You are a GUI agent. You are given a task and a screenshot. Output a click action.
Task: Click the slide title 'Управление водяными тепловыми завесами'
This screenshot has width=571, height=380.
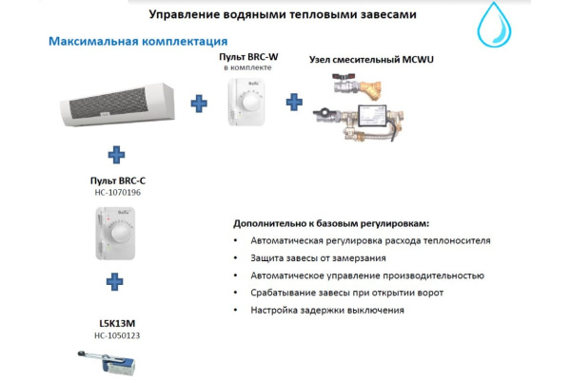tap(283, 16)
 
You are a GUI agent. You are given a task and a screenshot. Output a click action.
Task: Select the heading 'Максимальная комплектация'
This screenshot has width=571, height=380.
tap(137, 42)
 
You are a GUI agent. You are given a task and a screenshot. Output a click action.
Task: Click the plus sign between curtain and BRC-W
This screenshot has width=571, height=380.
tap(199, 103)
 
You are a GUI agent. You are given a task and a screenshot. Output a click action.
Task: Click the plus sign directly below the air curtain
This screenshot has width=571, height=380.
tap(116, 153)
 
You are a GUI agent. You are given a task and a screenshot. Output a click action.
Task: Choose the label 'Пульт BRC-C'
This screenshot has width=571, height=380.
tap(117, 180)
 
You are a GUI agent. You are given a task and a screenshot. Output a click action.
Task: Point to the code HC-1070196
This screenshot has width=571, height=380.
tap(117, 192)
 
